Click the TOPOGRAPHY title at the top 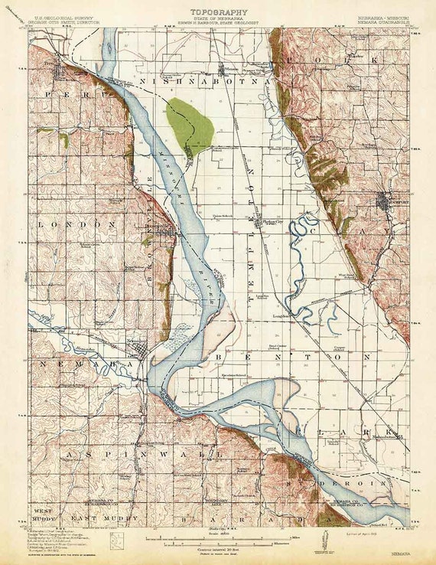pos(219,12)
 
